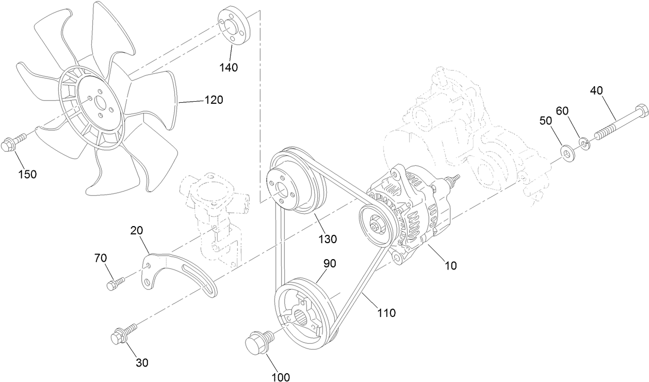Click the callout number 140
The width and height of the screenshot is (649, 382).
(228, 67)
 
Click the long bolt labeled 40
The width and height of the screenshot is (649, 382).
(619, 124)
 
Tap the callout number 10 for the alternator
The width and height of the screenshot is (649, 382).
(450, 265)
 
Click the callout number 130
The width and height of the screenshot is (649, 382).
(327, 239)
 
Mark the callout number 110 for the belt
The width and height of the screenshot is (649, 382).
(386, 312)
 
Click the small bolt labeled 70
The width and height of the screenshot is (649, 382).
(115, 283)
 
